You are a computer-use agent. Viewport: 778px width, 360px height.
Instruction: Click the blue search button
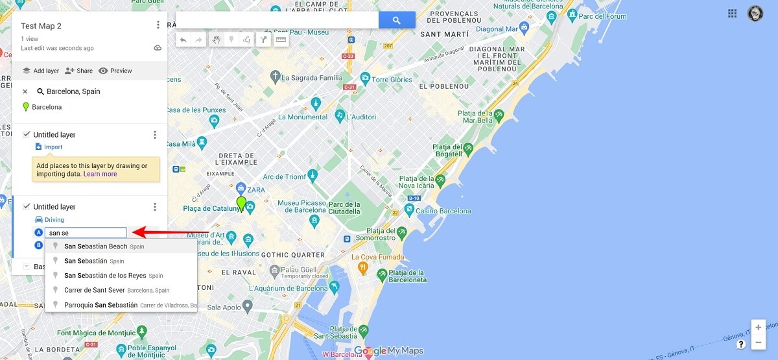[397, 20]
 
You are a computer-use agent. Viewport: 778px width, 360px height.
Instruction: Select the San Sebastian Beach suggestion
[95, 246]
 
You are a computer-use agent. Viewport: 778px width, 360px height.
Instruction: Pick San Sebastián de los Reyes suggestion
[105, 276]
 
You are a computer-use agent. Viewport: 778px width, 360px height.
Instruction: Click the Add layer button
[41, 71]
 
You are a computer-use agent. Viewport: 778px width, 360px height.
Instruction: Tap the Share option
[79, 71]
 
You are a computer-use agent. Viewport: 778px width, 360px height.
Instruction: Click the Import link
[53, 147]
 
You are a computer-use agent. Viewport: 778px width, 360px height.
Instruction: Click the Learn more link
[100, 174]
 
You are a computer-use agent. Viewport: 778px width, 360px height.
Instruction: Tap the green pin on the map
[241, 204]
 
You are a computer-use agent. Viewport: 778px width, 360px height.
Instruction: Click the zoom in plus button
[758, 328]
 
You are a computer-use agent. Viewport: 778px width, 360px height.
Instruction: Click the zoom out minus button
[758, 342]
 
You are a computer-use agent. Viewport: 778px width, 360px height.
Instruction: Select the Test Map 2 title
[41, 26]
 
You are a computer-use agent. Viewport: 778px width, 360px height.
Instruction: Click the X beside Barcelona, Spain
[25, 91]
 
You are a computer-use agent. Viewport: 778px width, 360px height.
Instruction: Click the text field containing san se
[86, 233]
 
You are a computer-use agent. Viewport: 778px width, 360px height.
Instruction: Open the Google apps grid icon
[733, 13]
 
